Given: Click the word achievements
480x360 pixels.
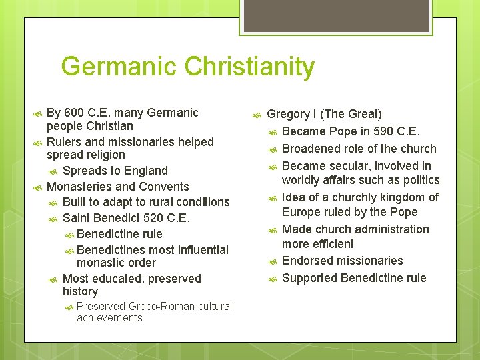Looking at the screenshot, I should click(109, 318).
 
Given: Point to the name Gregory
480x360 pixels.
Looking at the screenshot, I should click(289, 115).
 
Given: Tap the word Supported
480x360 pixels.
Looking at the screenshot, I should click(311, 278).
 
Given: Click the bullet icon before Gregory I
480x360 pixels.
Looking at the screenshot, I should click(257, 115).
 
